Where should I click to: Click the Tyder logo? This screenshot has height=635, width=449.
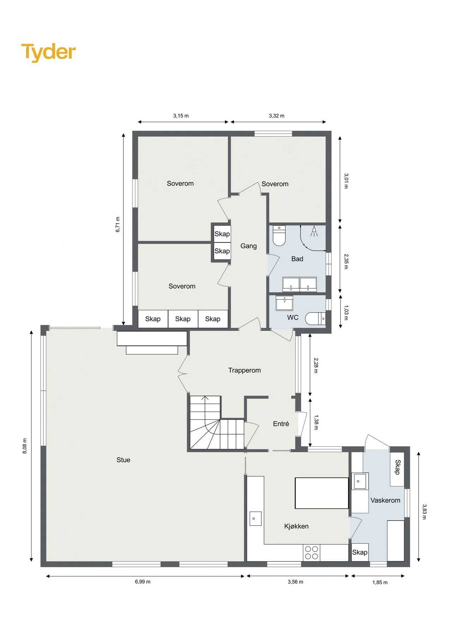[x=48, y=52]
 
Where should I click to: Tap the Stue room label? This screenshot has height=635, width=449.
[x=123, y=460]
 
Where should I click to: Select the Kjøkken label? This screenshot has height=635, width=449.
[x=296, y=526]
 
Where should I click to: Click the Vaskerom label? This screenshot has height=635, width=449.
[x=385, y=500]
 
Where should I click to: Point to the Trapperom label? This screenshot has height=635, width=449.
[x=244, y=370]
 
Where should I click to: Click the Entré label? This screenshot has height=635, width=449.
[x=281, y=424]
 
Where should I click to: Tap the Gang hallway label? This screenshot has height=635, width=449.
[x=249, y=246]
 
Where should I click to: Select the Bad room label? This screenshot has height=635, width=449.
[x=297, y=259]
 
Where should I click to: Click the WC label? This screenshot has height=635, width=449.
[x=293, y=317]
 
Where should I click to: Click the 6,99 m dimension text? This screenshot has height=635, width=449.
[x=142, y=582]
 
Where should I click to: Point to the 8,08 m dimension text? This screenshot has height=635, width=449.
[x=25, y=446]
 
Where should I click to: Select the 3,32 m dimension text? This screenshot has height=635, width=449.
[x=277, y=116]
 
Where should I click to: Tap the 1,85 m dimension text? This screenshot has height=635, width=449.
[x=380, y=582]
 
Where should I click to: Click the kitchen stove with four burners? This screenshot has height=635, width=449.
[x=311, y=553]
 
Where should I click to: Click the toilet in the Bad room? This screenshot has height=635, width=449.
[x=279, y=235]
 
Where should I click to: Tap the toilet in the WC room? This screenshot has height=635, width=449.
[x=315, y=319]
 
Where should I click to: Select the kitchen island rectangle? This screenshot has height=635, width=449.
[x=322, y=493]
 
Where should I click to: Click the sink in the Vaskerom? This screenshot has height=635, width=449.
[x=360, y=481]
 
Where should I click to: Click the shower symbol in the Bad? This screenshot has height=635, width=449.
[x=314, y=231]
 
